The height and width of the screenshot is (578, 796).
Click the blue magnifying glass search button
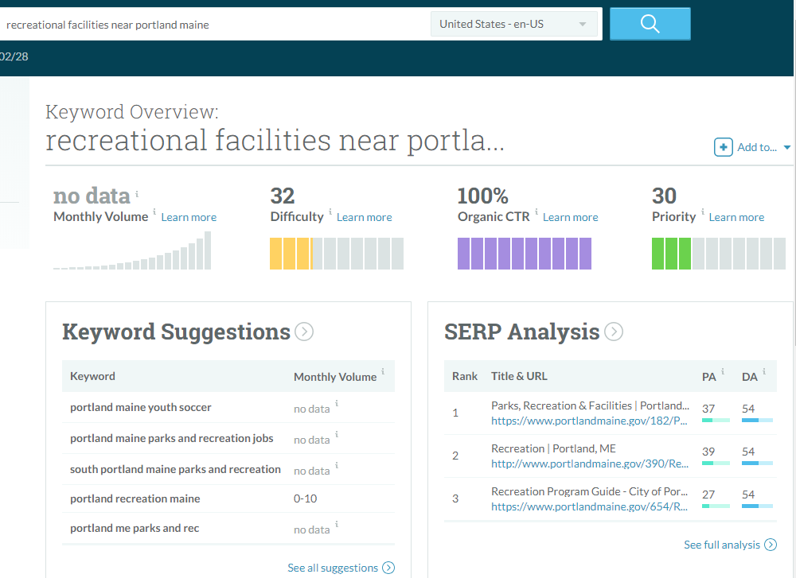[x=650, y=24]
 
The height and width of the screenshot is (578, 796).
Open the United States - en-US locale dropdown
[x=513, y=24]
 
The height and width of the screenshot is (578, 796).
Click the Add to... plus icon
[x=723, y=147]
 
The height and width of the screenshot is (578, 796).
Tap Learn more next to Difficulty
[x=364, y=218]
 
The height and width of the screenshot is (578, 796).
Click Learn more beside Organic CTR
[x=570, y=218]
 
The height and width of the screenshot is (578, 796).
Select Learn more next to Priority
[x=736, y=218]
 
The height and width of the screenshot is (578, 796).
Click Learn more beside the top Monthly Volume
[x=189, y=218]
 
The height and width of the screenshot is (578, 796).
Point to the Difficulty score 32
[x=283, y=196]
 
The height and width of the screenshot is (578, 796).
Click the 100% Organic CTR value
[x=483, y=196]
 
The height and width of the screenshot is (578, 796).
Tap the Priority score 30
[x=664, y=196]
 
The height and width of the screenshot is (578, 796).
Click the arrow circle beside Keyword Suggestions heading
[x=304, y=332]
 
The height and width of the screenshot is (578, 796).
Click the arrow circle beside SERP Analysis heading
[x=614, y=332]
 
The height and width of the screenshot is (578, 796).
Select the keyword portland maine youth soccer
[x=141, y=407]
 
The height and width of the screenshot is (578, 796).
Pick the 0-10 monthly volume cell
[x=305, y=499]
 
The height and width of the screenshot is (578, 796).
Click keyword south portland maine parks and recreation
[x=175, y=470]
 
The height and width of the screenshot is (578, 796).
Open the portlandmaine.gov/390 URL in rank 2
[x=590, y=464]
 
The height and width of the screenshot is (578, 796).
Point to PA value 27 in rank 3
[x=708, y=495]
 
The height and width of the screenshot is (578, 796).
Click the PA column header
[x=708, y=377]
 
